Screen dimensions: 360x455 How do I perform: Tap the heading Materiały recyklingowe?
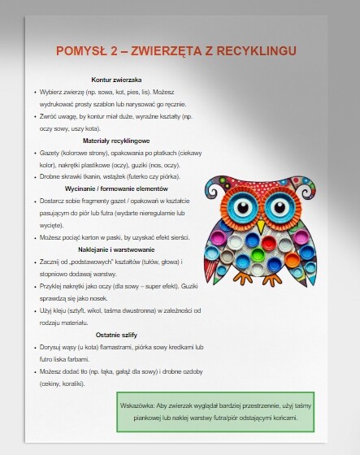coord(117,140)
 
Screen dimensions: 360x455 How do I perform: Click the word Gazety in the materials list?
coord(50,152)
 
